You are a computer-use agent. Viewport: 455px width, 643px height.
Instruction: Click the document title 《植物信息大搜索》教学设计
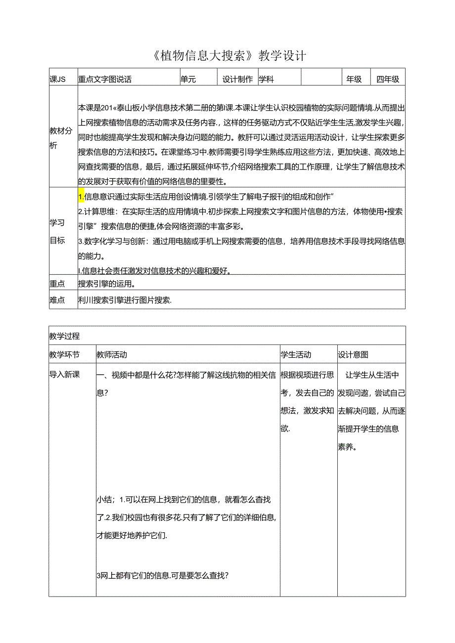pos(227,56)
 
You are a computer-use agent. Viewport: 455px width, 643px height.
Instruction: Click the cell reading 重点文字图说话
pos(105,79)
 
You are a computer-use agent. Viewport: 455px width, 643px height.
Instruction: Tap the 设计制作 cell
pos(237,79)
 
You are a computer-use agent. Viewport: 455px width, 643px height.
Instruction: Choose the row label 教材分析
pos(60,138)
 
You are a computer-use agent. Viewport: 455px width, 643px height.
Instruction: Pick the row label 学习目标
pos(57,232)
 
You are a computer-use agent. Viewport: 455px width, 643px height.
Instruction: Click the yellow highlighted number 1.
pos(81,197)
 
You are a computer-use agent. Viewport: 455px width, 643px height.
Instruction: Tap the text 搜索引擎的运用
pos(107,284)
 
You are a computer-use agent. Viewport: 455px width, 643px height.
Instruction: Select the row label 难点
pos(57,300)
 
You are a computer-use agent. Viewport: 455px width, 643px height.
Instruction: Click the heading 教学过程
pos(64,336)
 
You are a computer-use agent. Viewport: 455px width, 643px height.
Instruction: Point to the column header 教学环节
pos(64,355)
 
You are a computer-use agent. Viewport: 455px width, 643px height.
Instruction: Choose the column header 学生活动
pos(296,355)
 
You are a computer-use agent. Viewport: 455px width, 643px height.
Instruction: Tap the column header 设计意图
pos(353,355)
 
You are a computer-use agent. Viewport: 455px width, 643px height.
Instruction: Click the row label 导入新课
pos(64,375)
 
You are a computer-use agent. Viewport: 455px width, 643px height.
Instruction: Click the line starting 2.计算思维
pos(240,212)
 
